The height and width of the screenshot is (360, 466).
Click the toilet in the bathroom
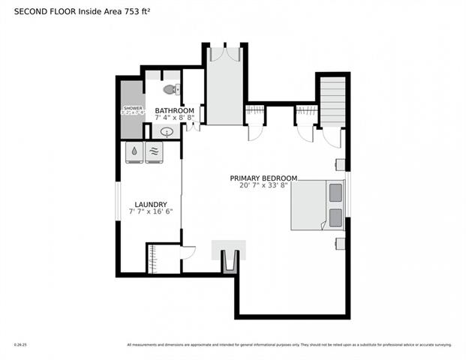pos(171,89)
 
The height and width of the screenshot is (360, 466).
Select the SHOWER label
pos(132,109)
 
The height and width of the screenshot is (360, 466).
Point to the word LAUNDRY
pos(150,204)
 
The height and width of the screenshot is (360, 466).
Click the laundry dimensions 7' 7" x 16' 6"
pos(150,212)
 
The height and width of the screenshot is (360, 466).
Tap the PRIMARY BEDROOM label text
pos(263,178)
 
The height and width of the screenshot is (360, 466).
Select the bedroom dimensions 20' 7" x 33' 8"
pos(263,186)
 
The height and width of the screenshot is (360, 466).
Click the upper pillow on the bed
pos(334,193)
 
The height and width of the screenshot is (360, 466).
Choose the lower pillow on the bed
pos(334,218)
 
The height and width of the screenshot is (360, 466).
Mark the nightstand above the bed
pos(340,164)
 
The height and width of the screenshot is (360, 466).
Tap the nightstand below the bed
pos(340,242)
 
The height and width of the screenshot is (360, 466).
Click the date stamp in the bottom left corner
pos(19,345)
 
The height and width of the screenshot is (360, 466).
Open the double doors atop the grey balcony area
pos(224,53)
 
